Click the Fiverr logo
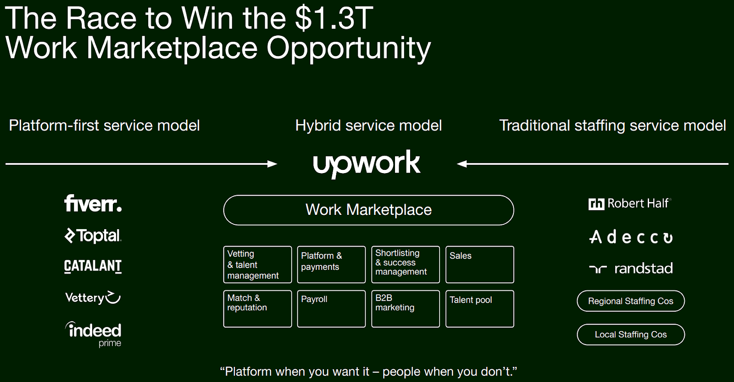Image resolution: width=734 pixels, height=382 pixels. (93, 203)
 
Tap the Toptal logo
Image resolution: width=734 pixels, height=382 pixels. (93, 236)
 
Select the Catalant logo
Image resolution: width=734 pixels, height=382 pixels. (93, 266)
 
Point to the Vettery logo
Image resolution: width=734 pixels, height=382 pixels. (93, 298)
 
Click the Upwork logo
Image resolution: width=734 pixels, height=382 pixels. (367, 163)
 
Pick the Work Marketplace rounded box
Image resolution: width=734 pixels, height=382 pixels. (368, 210)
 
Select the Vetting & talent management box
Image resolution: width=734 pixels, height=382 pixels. (257, 264)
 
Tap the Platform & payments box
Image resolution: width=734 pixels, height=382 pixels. (331, 264)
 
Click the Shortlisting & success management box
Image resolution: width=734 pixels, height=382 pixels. (405, 264)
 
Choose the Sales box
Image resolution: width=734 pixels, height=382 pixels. (479, 264)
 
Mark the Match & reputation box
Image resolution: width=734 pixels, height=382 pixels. (257, 309)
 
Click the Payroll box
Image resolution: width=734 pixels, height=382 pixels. (331, 309)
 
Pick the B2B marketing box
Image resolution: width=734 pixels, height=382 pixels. (405, 309)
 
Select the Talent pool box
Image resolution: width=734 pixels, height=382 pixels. (479, 309)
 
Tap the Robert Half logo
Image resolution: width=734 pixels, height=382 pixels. (629, 203)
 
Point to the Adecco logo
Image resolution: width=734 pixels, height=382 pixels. (631, 237)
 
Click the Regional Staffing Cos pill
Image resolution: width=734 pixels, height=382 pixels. (630, 301)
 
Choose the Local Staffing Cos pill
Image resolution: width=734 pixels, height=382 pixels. (630, 334)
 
